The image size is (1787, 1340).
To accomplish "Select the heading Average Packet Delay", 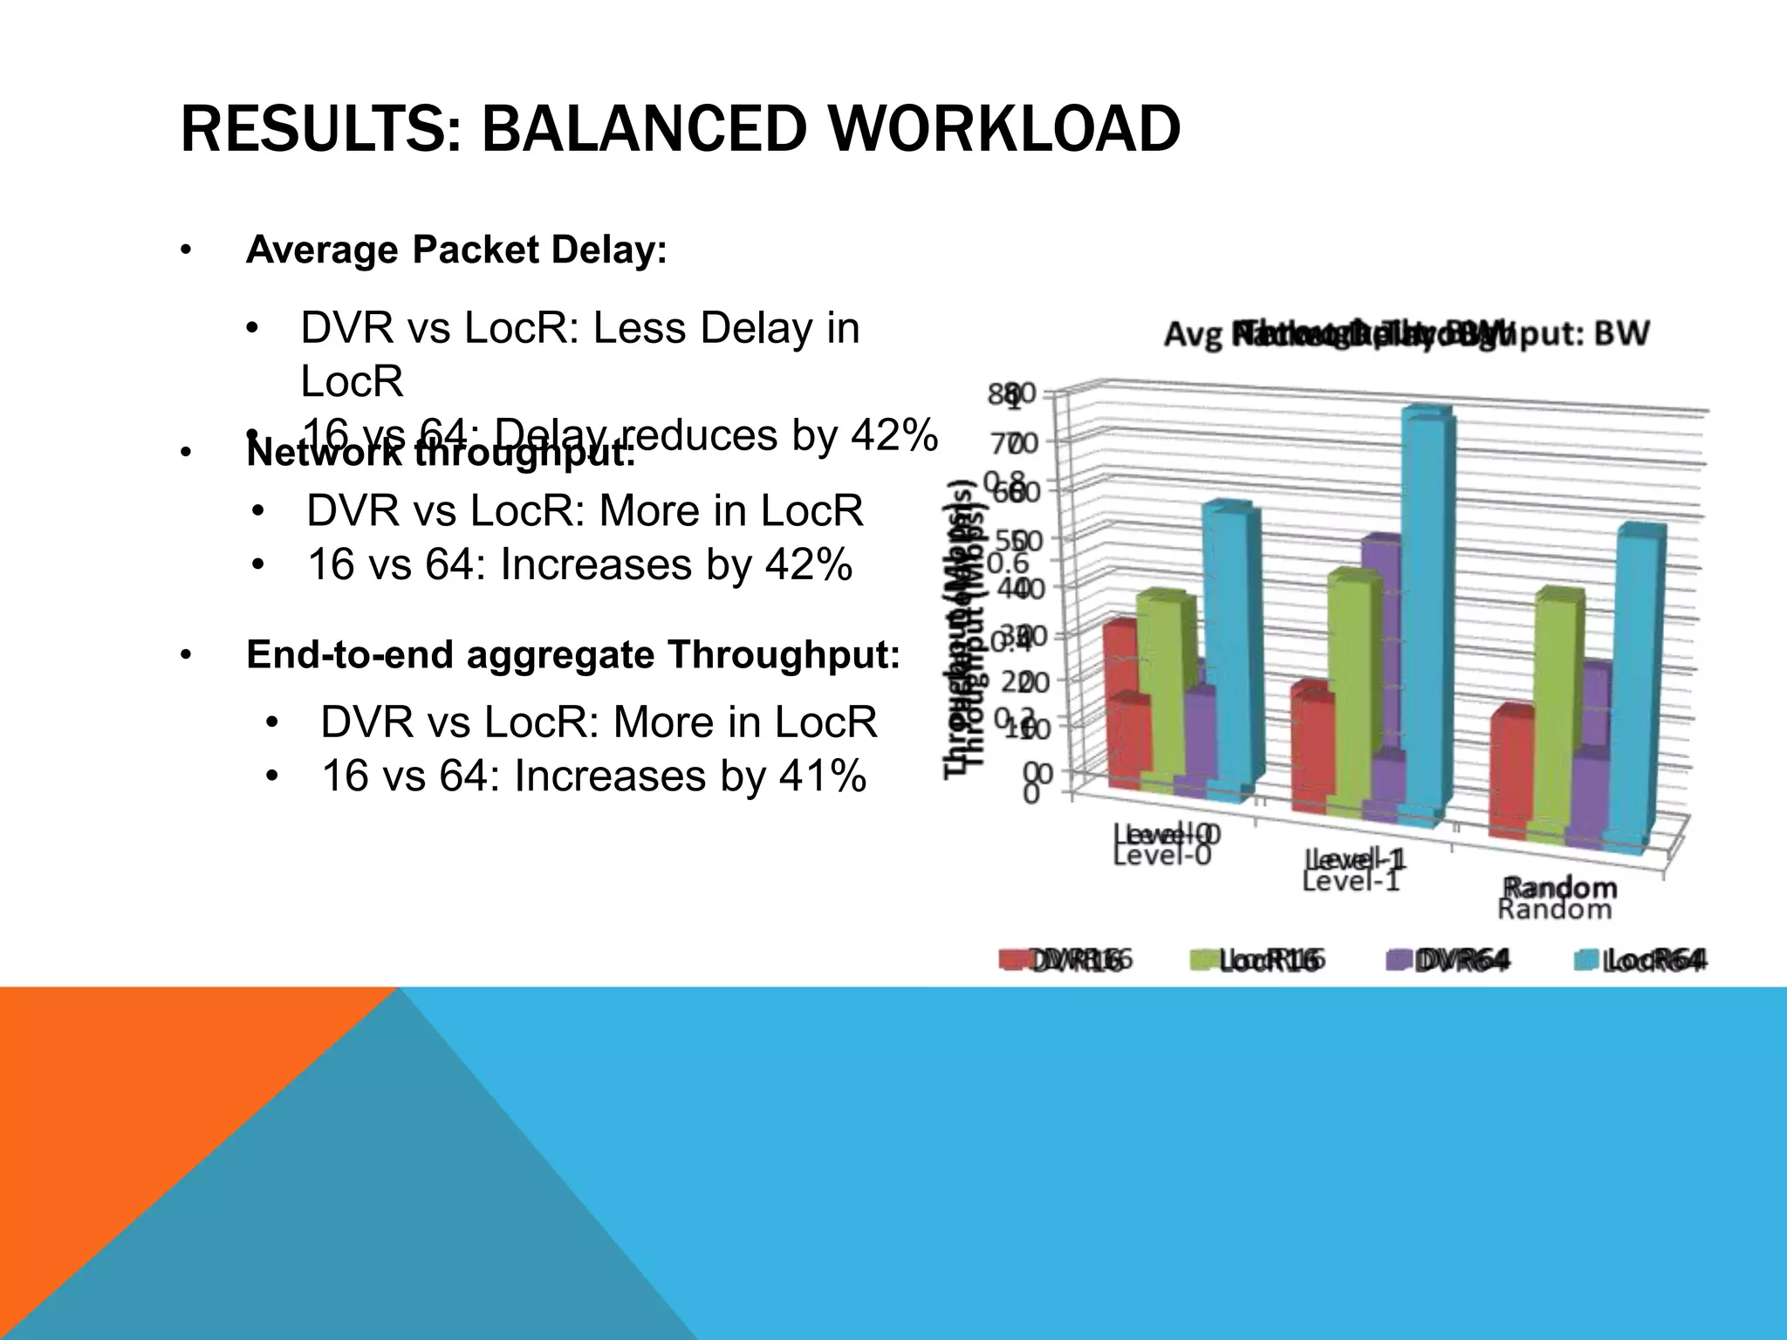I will [x=456, y=250].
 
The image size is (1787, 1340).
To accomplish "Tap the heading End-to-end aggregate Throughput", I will [x=572, y=654].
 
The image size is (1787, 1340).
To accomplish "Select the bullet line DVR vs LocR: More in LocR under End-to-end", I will [x=598, y=722].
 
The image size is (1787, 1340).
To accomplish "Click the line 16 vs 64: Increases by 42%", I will [x=579, y=564].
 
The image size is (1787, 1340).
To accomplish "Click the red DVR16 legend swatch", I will [x=1012, y=961].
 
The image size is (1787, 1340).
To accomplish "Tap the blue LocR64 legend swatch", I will [x=1586, y=961].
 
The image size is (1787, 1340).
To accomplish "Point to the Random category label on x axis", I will [x=1558, y=898].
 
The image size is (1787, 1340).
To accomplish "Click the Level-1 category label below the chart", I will [x=1352, y=869].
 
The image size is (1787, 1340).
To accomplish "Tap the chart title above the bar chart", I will [x=1407, y=333].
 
